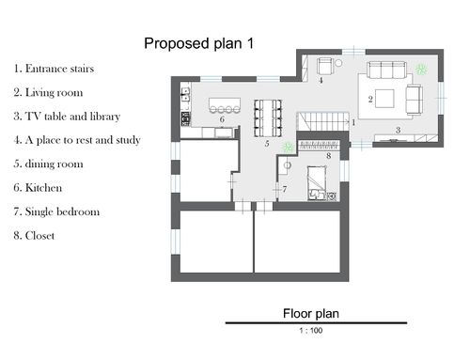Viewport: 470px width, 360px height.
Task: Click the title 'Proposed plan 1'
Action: pyautogui.click(x=199, y=43)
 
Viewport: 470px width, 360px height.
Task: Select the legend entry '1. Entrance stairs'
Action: pyautogui.click(x=54, y=69)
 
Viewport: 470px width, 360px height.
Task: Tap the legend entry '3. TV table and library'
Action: pyautogui.click(x=67, y=117)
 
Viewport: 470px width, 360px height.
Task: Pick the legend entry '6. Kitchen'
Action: pyautogui.click(x=38, y=188)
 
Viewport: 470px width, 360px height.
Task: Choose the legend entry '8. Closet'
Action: pyautogui.click(x=34, y=235)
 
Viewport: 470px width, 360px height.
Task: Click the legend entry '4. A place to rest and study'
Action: pyautogui.click(x=77, y=140)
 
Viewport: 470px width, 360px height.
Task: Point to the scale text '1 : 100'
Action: pyautogui.click(x=311, y=330)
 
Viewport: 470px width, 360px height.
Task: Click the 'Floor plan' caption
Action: pyautogui.click(x=311, y=313)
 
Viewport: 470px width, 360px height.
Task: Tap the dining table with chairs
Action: pyautogui.click(x=268, y=118)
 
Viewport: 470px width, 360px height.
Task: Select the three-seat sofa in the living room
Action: pyautogui.click(x=386, y=70)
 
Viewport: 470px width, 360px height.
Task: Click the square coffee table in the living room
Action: pyautogui.click(x=384, y=99)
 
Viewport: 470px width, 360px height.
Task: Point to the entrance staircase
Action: pyautogui.click(x=322, y=121)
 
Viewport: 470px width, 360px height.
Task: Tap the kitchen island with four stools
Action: pyautogui.click(x=225, y=105)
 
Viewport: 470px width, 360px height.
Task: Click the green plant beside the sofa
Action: pyautogui.click(x=421, y=70)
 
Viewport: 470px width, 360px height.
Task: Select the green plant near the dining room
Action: pyautogui.click(x=288, y=148)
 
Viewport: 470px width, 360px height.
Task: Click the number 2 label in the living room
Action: pyautogui.click(x=370, y=100)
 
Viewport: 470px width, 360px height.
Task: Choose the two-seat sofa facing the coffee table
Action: pyautogui.click(x=414, y=100)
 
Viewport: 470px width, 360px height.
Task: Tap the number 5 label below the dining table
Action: pyautogui.click(x=267, y=144)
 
